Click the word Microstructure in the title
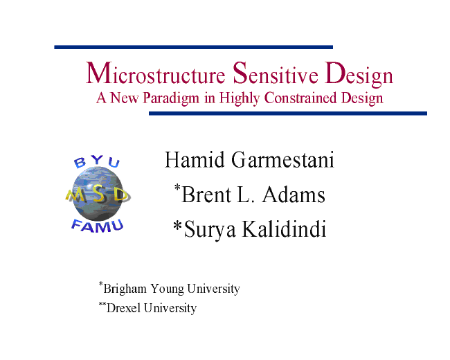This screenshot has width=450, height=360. click(x=156, y=73)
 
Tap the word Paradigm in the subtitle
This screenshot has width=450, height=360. click(x=171, y=99)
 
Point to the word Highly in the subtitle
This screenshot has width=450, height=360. click(x=240, y=99)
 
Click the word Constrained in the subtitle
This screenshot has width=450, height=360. click(x=300, y=98)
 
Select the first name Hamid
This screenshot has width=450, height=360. click(x=195, y=160)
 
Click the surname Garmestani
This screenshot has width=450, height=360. click(x=283, y=160)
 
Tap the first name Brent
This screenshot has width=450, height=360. click(x=206, y=195)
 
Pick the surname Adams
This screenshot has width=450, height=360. click(x=294, y=195)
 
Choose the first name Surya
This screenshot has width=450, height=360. click(x=210, y=231)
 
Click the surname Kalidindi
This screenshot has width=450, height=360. click(x=285, y=229)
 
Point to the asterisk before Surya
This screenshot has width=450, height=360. click(x=178, y=226)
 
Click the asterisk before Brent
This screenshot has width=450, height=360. click(x=177, y=188)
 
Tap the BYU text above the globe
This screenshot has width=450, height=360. click(x=97, y=161)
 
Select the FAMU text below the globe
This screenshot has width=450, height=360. click(x=98, y=226)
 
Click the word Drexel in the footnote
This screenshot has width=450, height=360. click(x=124, y=308)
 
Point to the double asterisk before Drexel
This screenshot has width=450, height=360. click(x=102, y=304)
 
